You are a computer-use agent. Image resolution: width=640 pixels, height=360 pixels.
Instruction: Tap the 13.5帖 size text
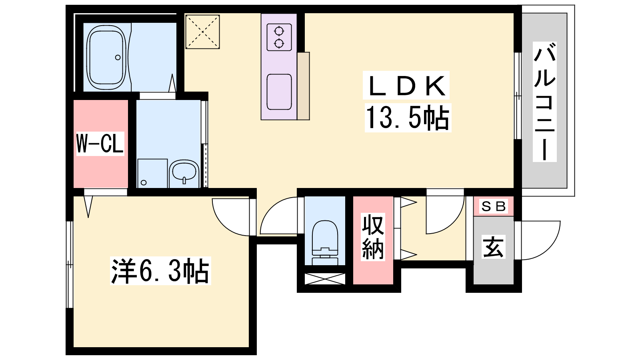pos(408,118)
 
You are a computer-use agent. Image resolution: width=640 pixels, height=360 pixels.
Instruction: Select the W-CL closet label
pos(100,144)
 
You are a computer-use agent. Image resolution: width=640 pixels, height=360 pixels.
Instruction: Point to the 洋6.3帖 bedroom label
pos(160,270)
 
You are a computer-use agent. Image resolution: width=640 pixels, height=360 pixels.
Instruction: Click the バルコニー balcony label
pos(544,102)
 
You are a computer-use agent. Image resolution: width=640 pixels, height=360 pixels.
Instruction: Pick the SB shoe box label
pos(494,206)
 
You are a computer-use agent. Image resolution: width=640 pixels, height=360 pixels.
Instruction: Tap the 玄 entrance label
pos(494,246)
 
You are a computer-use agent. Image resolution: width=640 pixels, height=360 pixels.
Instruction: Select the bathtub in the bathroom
pos(106,57)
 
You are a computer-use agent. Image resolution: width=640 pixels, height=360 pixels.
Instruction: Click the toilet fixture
pos(325,242)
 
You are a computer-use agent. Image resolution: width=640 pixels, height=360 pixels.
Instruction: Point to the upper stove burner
pos(279,31)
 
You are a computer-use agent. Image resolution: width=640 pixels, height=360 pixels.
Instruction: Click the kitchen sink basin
pos(279,92)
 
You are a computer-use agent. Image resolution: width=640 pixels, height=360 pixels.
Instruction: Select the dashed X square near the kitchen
pos(202,32)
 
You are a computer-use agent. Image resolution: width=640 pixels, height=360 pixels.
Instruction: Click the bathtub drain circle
pos(118,58)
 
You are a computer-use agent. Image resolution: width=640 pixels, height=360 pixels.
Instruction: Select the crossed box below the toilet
pos(325,279)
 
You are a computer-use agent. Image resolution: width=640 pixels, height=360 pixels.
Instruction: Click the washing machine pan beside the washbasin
pos(152,174)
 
